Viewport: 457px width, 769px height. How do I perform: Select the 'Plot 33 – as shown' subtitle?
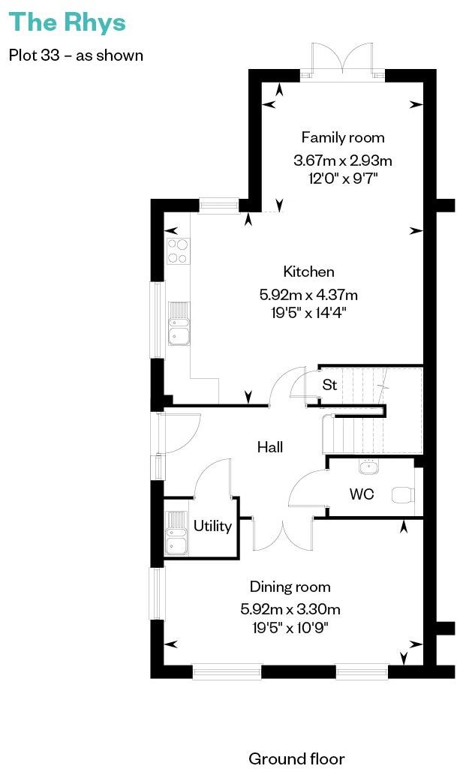76,55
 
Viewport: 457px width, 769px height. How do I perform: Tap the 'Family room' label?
343,137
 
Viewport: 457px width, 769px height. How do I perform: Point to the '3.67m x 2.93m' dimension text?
343,161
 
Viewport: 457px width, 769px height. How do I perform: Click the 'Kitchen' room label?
308,272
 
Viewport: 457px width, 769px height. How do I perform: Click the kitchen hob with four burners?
178,251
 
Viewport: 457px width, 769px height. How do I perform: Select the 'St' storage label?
329,385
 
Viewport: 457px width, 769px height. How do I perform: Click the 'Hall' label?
270,447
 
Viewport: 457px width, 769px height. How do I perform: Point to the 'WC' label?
361,494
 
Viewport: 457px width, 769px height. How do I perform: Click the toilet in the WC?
404,494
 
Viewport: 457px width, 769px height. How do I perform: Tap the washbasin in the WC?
368,467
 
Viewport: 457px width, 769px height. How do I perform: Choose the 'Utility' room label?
212,526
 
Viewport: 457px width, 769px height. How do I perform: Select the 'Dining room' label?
290,587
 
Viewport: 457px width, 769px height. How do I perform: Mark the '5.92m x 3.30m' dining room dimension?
290,608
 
